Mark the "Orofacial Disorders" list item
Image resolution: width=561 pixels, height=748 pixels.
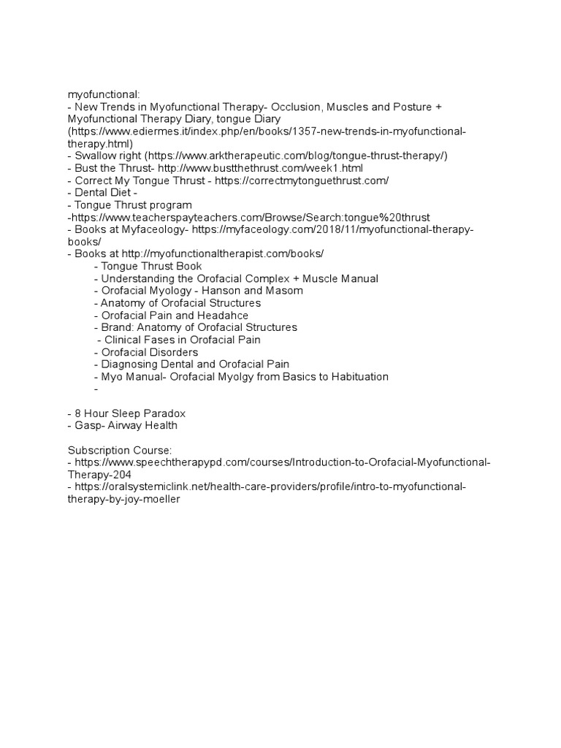tap(149, 352)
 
